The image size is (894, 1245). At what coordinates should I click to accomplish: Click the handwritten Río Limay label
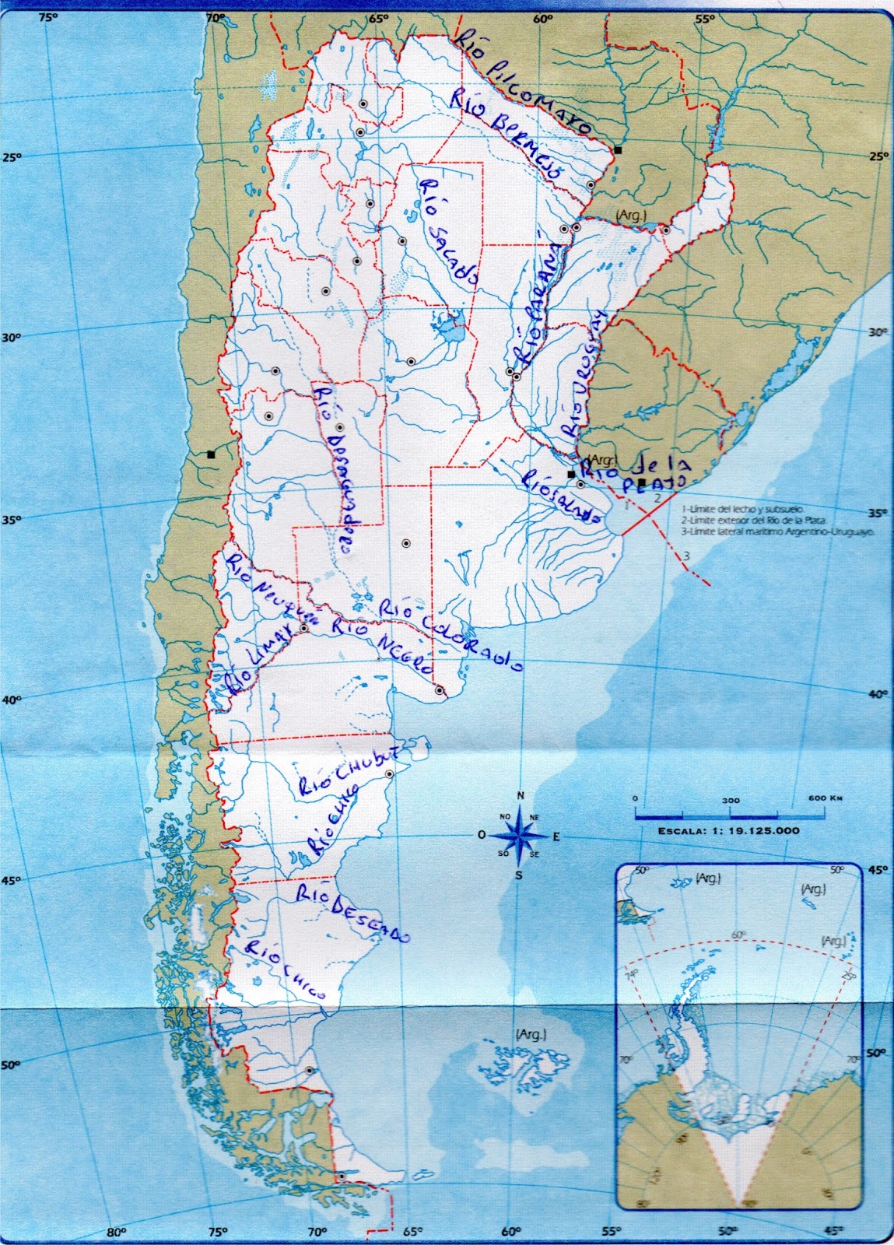point(258,662)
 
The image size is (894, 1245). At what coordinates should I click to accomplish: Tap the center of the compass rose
point(520,836)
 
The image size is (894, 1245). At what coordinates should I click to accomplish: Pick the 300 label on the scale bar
point(730,800)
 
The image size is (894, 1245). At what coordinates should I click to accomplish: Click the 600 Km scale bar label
point(825,798)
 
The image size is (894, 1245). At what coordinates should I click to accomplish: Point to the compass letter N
point(521,795)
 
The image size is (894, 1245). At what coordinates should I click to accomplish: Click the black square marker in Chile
point(211,455)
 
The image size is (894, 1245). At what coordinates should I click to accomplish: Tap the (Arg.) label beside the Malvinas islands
point(530,1034)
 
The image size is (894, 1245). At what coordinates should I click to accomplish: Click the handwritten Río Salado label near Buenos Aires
point(562,497)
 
